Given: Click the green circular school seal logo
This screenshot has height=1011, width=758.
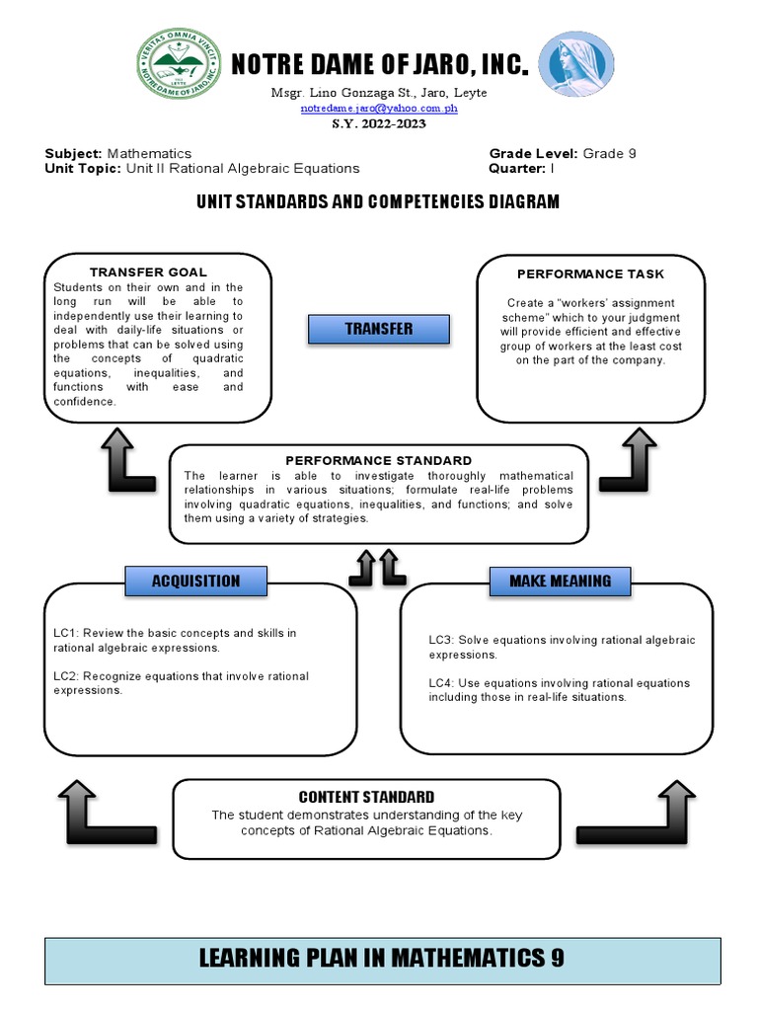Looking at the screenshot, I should (177, 66).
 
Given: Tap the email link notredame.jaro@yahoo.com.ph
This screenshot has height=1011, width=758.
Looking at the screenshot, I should (379, 108).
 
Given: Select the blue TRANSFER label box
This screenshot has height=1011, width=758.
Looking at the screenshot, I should (379, 329).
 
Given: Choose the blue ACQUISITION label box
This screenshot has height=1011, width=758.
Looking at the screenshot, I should (195, 581).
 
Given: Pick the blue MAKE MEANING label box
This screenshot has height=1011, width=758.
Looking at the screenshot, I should (560, 581).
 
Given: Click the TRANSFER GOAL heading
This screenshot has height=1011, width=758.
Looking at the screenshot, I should (148, 272).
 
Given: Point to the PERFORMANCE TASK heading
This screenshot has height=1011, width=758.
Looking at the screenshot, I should (591, 273).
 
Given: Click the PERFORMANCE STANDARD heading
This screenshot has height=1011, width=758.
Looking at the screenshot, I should (379, 460).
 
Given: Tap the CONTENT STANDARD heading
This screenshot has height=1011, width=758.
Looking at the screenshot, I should (366, 797).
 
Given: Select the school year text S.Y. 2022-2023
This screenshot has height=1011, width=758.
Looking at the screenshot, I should (379, 122).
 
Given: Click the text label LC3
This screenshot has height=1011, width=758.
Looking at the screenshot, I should (440, 641).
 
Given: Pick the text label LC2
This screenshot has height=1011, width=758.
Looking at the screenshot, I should (66, 676).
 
